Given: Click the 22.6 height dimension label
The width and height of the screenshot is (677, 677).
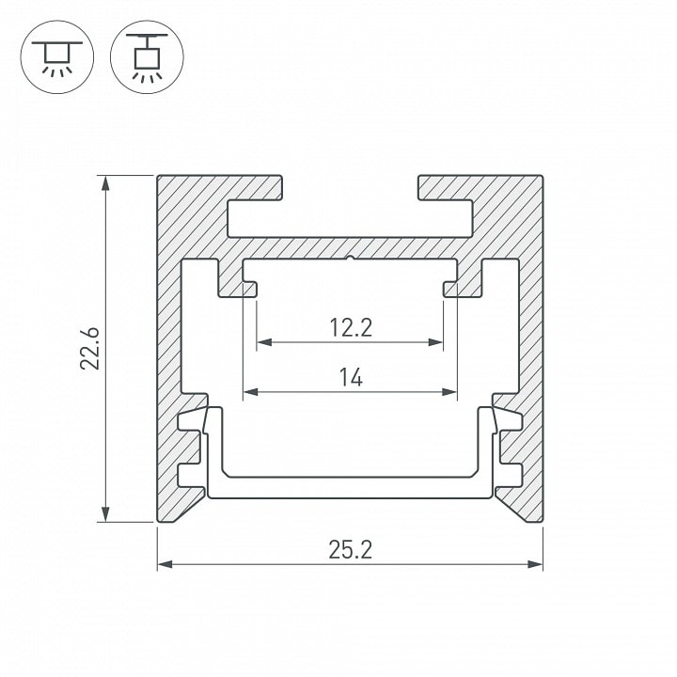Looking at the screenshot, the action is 90,349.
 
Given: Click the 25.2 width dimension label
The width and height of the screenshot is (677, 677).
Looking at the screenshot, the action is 350,550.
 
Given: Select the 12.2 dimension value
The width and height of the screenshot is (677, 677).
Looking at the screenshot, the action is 351,328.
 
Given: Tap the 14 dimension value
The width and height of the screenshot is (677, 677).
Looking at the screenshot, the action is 351,377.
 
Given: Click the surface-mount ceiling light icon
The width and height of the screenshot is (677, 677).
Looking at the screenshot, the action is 57,57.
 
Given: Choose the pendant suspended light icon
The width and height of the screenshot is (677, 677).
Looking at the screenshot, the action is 147,57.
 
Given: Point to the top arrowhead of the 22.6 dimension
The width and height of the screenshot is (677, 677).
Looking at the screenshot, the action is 105,182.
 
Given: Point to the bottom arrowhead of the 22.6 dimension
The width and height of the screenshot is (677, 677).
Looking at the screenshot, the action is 105,514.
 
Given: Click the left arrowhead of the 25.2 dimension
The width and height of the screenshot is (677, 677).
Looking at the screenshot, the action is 165,564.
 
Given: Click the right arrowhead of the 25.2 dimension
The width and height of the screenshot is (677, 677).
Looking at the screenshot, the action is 535,564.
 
